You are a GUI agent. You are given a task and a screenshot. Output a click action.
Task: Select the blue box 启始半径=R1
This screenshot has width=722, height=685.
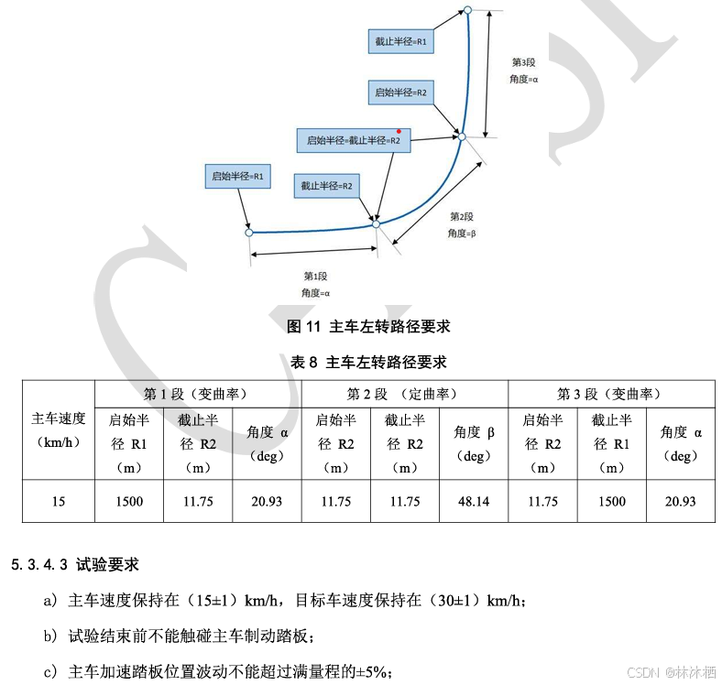click(x=237, y=176)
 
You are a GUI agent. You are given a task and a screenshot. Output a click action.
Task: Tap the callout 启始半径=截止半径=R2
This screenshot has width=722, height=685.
click(x=354, y=141)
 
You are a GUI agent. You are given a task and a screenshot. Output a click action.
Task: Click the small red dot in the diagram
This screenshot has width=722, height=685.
click(x=399, y=131)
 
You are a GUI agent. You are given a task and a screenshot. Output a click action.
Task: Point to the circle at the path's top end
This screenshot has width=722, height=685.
click(x=466, y=11)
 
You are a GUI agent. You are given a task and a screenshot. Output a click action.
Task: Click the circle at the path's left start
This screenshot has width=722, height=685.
click(x=249, y=233)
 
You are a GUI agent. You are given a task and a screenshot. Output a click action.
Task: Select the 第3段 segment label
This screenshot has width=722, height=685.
click(x=522, y=62)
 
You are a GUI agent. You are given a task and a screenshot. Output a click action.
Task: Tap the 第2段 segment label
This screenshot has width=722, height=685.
click(x=462, y=217)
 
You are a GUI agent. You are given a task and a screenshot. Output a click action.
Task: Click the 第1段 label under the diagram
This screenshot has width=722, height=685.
click(x=315, y=276)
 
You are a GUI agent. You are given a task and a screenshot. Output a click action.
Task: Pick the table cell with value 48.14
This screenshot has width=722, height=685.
click(x=474, y=501)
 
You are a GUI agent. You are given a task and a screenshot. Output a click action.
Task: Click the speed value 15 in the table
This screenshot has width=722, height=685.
click(x=59, y=501)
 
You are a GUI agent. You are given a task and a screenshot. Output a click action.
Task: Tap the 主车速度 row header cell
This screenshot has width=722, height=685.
click(x=59, y=429)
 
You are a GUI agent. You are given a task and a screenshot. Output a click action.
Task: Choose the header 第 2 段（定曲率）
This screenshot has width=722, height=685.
click(x=404, y=394)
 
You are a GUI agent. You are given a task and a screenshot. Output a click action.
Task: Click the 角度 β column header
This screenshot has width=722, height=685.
click(x=474, y=444)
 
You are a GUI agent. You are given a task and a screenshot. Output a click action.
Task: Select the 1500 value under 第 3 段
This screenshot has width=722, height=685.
click(x=611, y=501)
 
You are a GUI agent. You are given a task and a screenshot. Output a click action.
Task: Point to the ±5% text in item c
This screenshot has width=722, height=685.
click(x=377, y=671)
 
